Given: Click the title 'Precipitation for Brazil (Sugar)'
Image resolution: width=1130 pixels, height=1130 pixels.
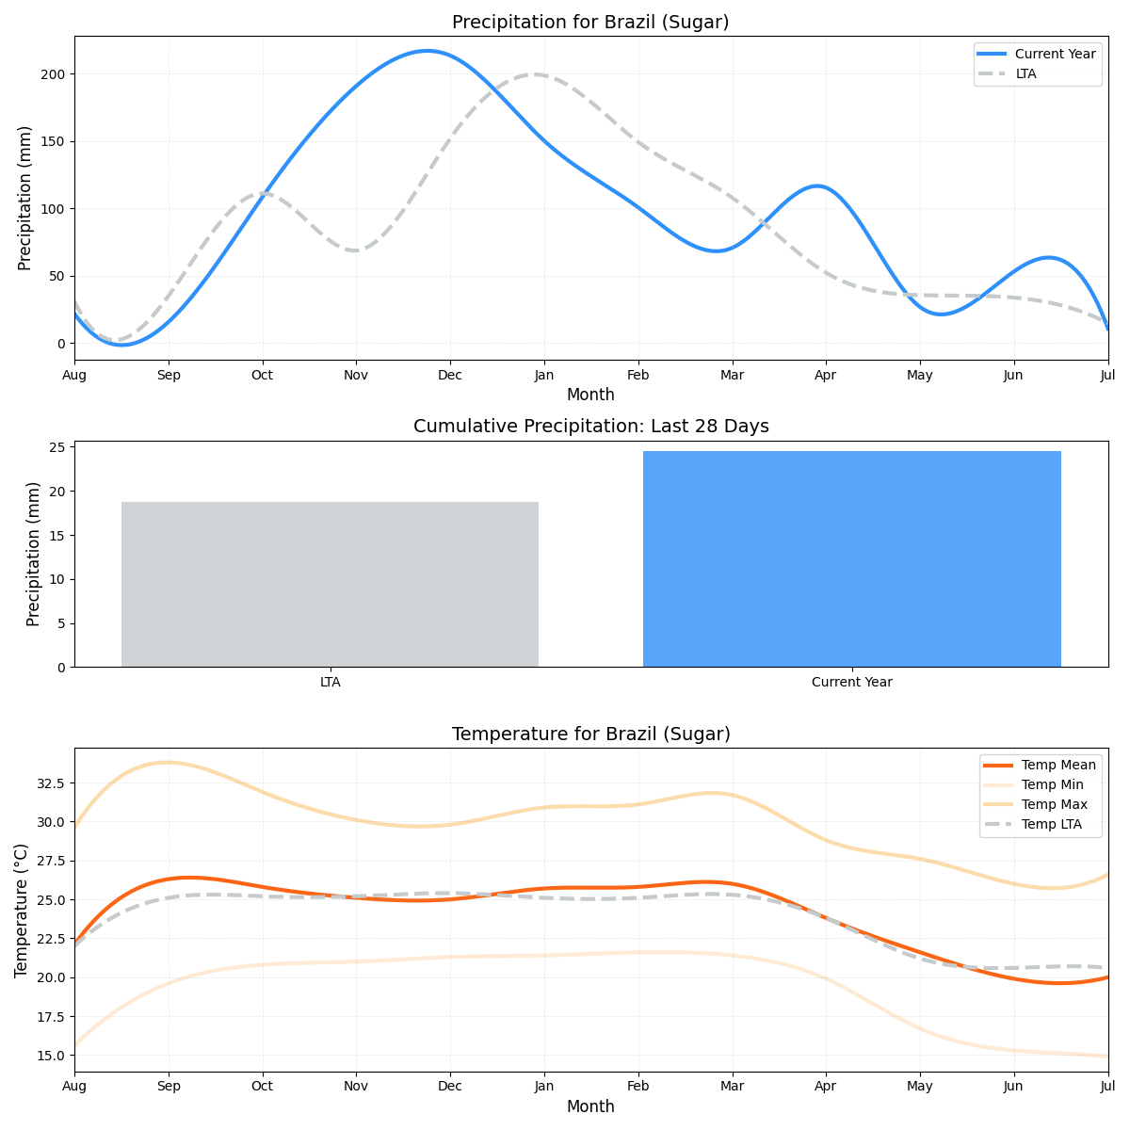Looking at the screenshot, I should (590, 22).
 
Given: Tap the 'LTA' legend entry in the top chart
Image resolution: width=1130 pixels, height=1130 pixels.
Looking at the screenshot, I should (1025, 73).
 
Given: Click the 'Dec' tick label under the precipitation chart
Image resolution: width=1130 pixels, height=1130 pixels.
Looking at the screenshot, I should (450, 375).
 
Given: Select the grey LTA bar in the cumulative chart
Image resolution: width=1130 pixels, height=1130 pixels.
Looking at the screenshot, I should (330, 584).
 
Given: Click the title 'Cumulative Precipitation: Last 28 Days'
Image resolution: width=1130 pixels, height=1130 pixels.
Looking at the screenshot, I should (590, 426).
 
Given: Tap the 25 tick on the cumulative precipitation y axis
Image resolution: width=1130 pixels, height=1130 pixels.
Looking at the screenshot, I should (58, 447).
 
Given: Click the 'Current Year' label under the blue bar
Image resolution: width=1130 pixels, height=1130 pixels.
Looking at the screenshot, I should (851, 682).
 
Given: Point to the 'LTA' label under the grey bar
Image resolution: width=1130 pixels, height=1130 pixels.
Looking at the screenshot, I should (330, 682).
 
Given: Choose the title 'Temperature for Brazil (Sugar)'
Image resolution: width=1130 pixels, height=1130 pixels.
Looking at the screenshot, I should (590, 734).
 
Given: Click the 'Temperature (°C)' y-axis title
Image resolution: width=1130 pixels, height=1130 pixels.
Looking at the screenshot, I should (22, 910).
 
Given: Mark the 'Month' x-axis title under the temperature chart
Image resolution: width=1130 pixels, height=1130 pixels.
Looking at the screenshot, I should (590, 1106).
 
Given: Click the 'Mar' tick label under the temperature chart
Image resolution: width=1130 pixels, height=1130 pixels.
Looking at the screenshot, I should (732, 1087).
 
